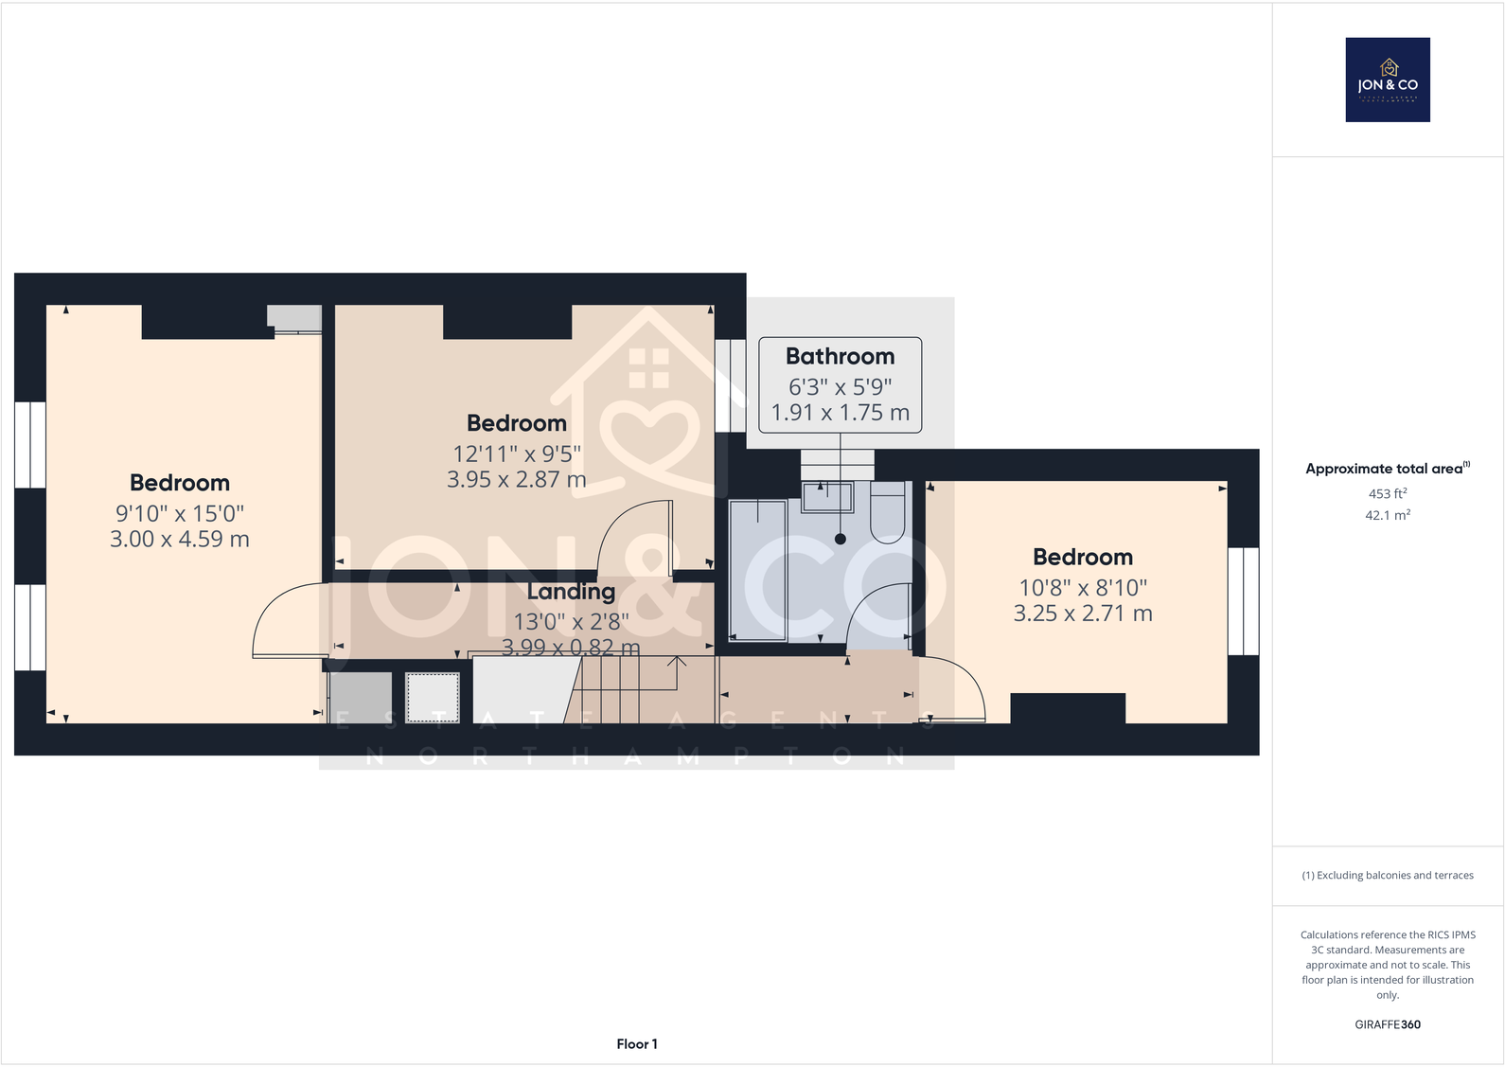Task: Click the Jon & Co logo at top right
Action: (1388, 80)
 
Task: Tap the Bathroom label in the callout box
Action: (840, 357)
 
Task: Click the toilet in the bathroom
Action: (888, 512)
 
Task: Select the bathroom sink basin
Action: (827, 496)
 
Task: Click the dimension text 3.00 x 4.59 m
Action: (180, 540)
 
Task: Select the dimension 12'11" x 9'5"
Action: (517, 454)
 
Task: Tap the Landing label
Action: (571, 592)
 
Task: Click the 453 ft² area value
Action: (1388, 493)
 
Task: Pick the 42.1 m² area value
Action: (1388, 515)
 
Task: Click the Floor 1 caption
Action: (636, 1043)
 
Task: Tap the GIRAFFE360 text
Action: (1388, 1024)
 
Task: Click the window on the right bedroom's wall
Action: (1243, 601)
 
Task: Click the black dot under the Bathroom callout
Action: (841, 539)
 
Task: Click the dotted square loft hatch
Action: (433, 698)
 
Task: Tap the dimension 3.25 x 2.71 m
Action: (1083, 614)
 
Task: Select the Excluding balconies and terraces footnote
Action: (1388, 875)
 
